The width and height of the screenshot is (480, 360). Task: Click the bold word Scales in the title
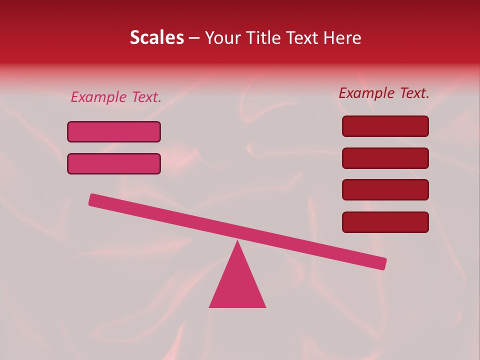[157, 38]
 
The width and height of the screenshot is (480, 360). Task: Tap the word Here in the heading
[342, 38]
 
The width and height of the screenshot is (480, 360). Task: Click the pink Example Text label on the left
[116, 97]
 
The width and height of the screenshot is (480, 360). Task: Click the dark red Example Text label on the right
[384, 93]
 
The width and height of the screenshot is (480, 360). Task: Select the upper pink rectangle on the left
[114, 131]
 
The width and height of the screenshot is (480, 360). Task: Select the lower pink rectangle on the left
[114, 163]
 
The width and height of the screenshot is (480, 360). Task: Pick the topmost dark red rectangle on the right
[385, 126]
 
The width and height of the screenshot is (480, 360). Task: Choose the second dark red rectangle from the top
[385, 158]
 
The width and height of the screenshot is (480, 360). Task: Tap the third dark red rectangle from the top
[385, 190]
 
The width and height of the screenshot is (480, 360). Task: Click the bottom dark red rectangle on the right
[385, 222]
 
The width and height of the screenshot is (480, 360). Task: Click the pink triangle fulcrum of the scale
[237, 285]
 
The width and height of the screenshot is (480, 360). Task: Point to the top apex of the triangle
[237, 242]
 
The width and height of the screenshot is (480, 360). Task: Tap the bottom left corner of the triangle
[210, 306]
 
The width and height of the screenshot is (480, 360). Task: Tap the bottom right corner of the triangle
[265, 306]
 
